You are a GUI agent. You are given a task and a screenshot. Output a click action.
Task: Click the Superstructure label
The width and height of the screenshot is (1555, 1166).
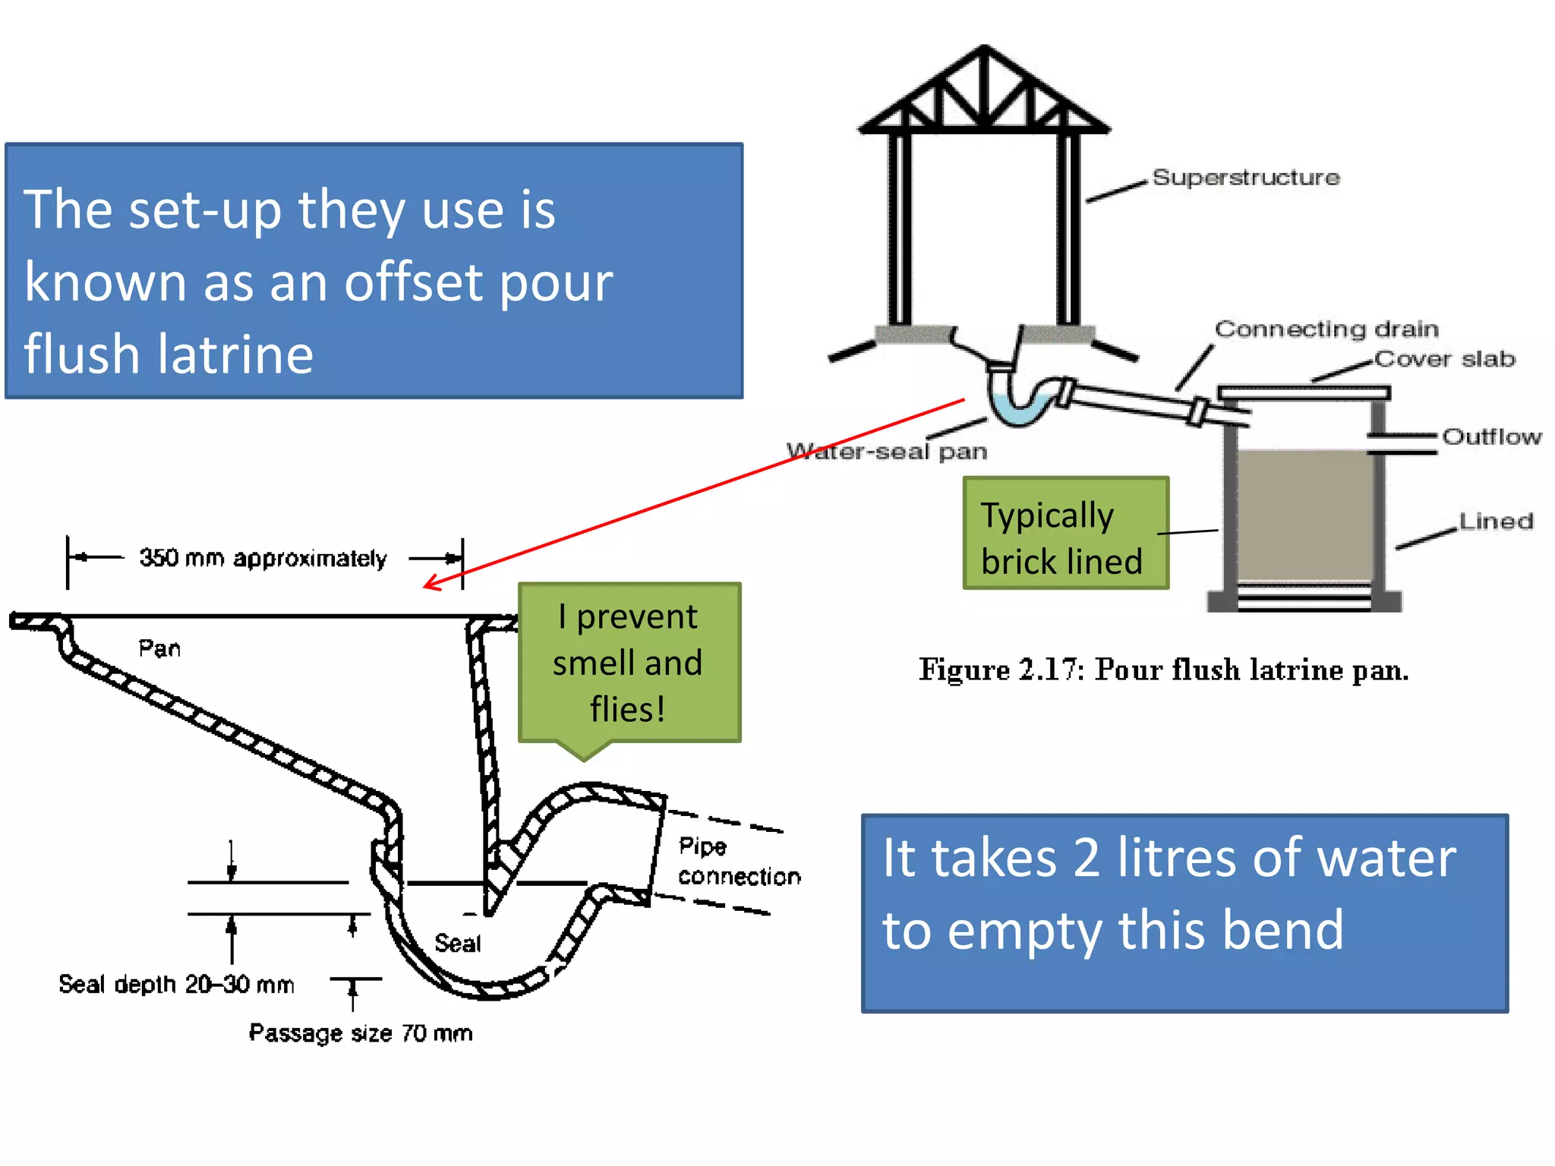[x=1246, y=178]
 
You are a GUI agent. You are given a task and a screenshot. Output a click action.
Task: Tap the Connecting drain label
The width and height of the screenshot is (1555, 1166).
[x=1326, y=329]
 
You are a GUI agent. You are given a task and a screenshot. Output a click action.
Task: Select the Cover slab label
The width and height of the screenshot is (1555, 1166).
[x=1444, y=358]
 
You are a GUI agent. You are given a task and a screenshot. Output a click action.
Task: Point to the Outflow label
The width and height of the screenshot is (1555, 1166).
[x=1491, y=436]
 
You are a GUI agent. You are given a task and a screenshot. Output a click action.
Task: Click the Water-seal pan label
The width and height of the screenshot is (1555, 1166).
[x=887, y=452]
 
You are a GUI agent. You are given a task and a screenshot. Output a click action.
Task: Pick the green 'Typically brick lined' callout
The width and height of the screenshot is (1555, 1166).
[x=1065, y=534]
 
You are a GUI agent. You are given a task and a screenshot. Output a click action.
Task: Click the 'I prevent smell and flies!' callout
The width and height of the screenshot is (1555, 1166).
[x=629, y=662]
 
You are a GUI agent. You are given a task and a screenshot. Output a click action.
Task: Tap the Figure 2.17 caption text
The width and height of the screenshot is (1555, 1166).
[x=1163, y=670]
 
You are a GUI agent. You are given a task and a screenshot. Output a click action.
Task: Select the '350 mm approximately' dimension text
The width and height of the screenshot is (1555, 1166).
[x=263, y=559]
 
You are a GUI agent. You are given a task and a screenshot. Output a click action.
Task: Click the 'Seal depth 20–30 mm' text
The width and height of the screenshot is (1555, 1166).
[x=176, y=985]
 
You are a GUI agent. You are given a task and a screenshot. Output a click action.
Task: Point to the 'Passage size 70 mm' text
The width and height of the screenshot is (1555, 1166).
[x=361, y=1033]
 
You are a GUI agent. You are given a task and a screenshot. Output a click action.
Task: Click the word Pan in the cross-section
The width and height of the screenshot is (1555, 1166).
[x=159, y=648]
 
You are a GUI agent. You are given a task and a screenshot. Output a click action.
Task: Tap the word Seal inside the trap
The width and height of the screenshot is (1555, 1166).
[x=458, y=944]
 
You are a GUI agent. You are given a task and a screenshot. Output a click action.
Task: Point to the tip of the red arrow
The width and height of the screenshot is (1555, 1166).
[x=426, y=586]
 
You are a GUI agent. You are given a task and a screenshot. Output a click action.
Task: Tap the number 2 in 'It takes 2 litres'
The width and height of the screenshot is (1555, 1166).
[x=1087, y=858]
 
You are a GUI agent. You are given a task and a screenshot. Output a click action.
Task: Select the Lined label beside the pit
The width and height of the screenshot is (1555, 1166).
[x=1496, y=521]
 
